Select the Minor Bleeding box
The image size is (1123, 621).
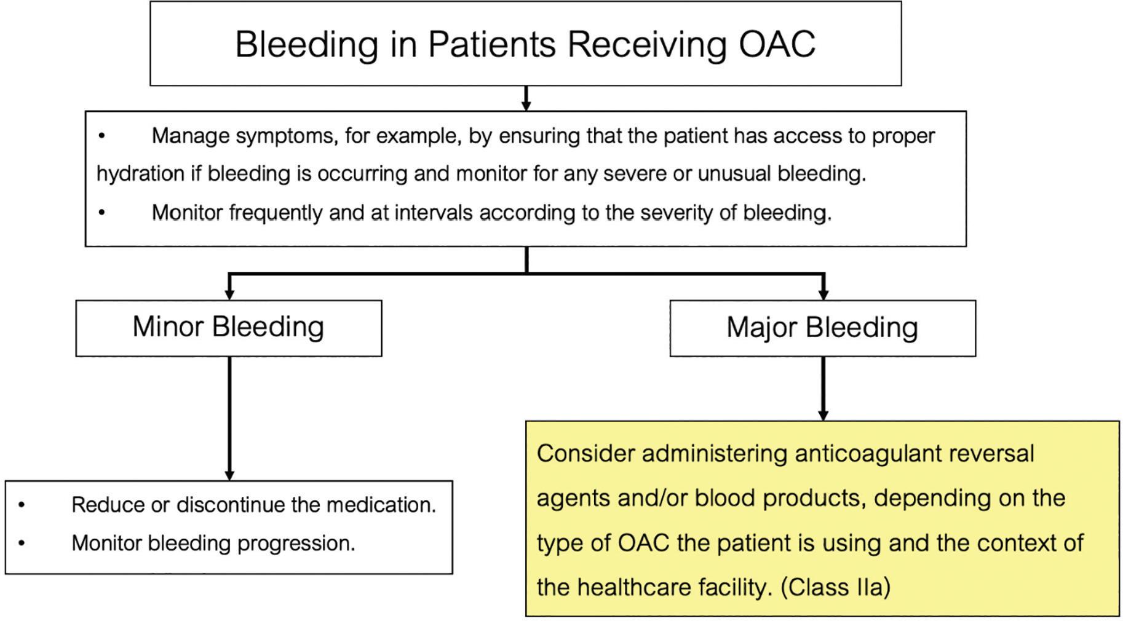tap(228, 327)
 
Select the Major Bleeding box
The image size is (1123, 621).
tap(822, 327)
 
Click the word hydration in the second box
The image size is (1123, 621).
tap(140, 174)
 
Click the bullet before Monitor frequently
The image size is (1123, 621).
tap(102, 213)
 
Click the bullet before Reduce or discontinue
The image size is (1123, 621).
tap(22, 505)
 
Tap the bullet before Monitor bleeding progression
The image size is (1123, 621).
tap(22, 544)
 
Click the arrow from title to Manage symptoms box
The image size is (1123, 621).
tap(526, 98)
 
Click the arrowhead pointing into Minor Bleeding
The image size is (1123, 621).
tap(229, 295)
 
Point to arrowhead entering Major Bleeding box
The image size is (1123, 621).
tap(823, 295)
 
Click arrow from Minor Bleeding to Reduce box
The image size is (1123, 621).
tap(229, 418)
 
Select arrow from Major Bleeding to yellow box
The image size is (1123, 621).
tap(823, 389)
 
